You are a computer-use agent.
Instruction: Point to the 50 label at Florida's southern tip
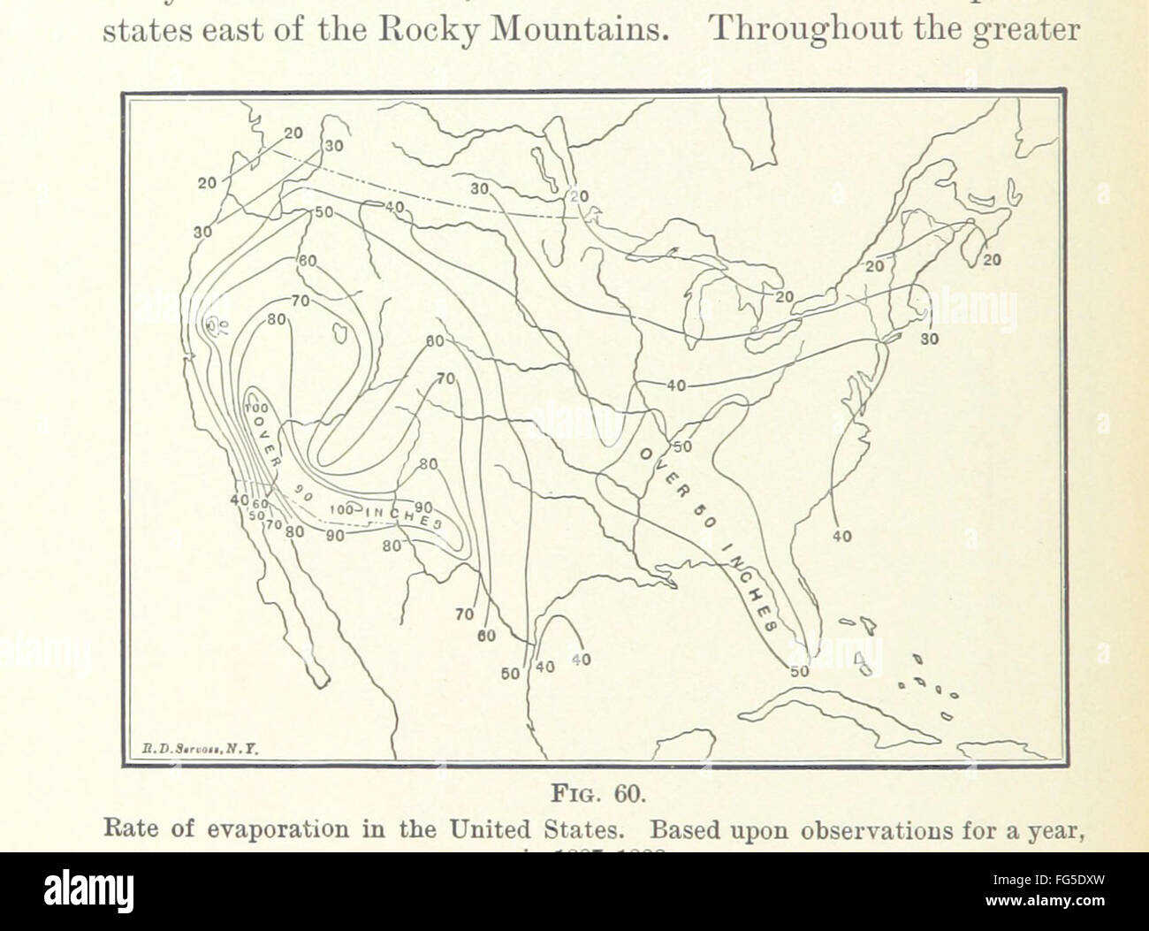(x=799, y=672)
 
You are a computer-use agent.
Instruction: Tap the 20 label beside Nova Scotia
(x=992, y=260)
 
